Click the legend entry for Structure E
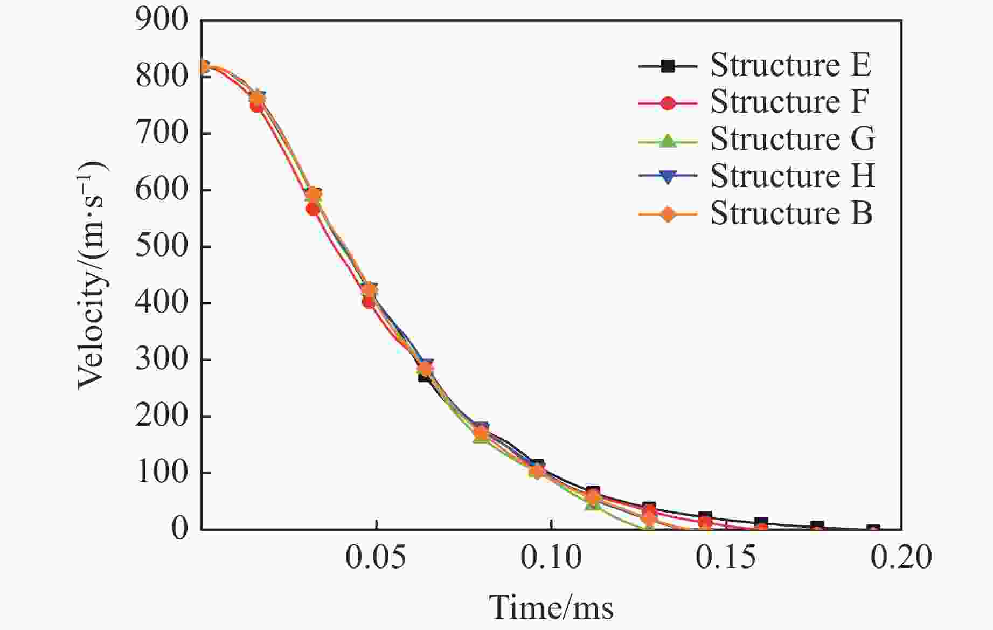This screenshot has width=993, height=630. (790, 65)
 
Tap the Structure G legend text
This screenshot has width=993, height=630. (792, 139)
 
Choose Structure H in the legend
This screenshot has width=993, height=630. (792, 176)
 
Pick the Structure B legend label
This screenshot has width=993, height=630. (790, 213)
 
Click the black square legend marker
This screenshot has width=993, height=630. (668, 66)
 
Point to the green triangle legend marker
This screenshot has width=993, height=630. (668, 141)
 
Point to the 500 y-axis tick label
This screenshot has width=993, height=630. (162, 247)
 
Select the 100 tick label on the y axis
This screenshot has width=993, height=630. (162, 473)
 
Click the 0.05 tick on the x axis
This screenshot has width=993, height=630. (376, 558)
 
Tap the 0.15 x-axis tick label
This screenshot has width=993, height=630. (726, 558)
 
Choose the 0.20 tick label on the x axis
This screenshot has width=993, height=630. (901, 558)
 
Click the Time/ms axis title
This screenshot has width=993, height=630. (551, 608)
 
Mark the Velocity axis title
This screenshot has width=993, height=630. (93, 275)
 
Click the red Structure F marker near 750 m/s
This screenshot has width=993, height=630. (257, 106)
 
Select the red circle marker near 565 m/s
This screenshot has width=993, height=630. (313, 209)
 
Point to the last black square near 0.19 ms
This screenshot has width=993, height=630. (873, 529)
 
